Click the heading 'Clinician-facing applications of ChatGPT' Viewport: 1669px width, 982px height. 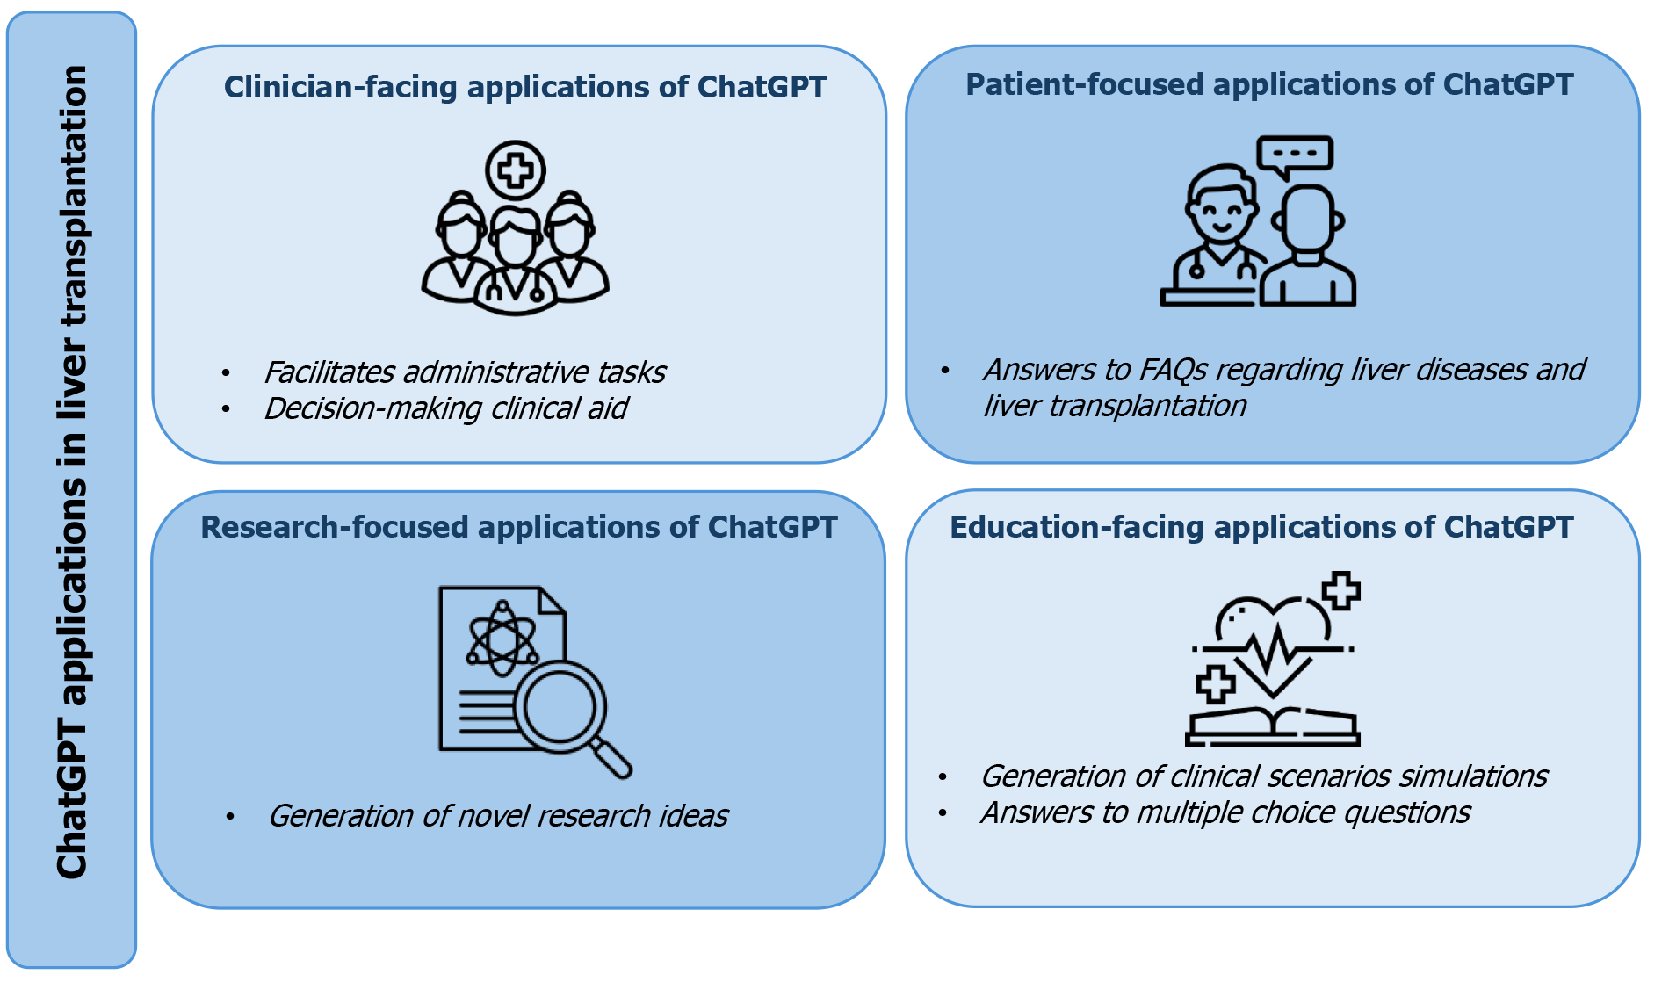point(525,87)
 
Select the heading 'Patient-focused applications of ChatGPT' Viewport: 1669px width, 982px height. point(1269,84)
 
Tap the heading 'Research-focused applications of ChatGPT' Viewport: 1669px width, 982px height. point(519,527)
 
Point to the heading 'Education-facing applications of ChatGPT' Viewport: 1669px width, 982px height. point(1261,527)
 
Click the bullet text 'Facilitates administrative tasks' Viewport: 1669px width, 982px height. point(465,372)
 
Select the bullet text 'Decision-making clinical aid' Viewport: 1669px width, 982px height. point(446,408)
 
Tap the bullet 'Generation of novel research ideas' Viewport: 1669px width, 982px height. point(498,816)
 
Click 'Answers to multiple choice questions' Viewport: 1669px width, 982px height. point(1225,812)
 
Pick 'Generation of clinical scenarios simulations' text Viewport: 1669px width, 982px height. point(1264,776)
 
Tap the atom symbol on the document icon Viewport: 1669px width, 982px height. point(502,639)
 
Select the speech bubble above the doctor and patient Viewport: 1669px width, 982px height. point(1295,155)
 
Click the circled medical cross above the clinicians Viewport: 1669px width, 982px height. point(516,170)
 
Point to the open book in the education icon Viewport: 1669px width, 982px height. point(1273,726)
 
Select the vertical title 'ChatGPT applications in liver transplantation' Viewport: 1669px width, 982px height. point(72,473)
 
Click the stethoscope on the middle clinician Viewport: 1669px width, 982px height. point(515,286)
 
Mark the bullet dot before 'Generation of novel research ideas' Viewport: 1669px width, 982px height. point(230,817)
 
